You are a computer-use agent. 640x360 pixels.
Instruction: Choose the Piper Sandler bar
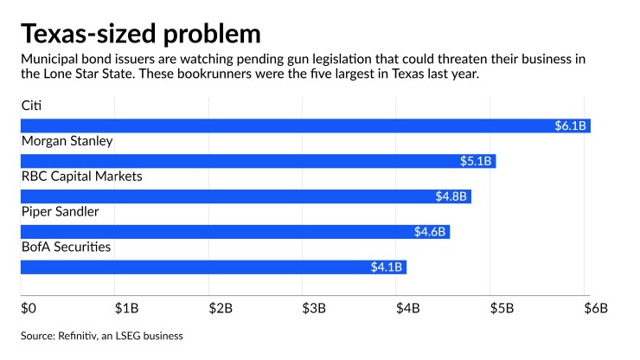(x=234, y=232)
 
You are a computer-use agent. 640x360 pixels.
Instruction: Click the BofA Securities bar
(x=213, y=267)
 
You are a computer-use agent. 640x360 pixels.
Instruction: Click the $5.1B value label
(x=477, y=161)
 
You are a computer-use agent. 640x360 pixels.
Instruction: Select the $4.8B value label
(x=451, y=196)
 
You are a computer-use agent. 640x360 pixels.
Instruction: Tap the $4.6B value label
(x=431, y=232)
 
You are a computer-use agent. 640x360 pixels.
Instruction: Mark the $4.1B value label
(x=387, y=267)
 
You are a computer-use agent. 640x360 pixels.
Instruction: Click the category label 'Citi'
(x=31, y=106)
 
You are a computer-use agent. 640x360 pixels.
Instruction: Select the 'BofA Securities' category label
(x=66, y=247)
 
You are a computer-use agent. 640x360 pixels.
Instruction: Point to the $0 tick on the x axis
(x=29, y=307)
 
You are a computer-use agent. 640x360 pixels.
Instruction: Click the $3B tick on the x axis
(x=313, y=307)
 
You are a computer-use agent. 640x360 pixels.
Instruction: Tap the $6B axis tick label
(x=595, y=307)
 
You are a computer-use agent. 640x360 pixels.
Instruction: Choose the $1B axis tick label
(x=126, y=307)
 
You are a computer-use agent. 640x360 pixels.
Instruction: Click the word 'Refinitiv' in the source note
(x=89, y=335)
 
